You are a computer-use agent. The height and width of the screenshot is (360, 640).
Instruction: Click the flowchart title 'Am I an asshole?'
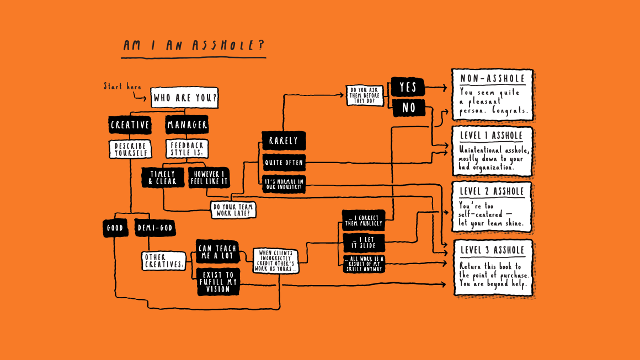pyautogui.click(x=193, y=46)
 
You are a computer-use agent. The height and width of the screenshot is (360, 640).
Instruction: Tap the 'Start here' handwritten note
pyautogui.click(x=122, y=87)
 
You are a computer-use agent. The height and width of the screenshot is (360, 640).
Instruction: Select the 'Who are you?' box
pyautogui.click(x=184, y=98)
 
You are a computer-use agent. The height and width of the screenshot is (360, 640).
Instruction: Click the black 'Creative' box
pyautogui.click(x=130, y=125)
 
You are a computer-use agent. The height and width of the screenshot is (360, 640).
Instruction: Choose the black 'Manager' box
pyautogui.click(x=187, y=125)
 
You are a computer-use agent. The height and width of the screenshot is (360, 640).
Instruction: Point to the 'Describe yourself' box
pyautogui.click(x=130, y=149)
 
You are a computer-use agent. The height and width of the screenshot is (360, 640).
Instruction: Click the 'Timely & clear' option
pyautogui.click(x=163, y=178)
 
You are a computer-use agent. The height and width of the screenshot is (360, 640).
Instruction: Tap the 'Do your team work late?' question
pyautogui.click(x=233, y=209)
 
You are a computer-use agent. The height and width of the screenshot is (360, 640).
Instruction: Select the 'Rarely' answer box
pyautogui.click(x=284, y=141)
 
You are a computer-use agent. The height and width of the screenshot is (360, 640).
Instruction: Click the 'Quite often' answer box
pyautogui.click(x=283, y=163)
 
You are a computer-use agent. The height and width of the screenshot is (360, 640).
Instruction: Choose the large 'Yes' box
pyautogui.click(x=408, y=87)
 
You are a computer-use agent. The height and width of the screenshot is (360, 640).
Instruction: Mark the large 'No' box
pyautogui.click(x=408, y=108)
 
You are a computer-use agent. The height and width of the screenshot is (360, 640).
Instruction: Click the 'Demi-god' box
pyautogui.click(x=155, y=228)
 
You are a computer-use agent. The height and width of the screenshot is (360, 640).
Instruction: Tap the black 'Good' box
pyautogui.click(x=115, y=228)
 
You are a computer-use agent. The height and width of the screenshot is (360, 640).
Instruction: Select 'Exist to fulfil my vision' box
pyautogui.click(x=218, y=282)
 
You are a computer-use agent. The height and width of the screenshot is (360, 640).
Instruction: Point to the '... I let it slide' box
pyautogui.click(x=363, y=242)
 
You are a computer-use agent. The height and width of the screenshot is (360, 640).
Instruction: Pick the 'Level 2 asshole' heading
pyautogui.click(x=492, y=192)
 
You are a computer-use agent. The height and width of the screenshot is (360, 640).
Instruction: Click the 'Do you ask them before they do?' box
pyautogui.click(x=365, y=95)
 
